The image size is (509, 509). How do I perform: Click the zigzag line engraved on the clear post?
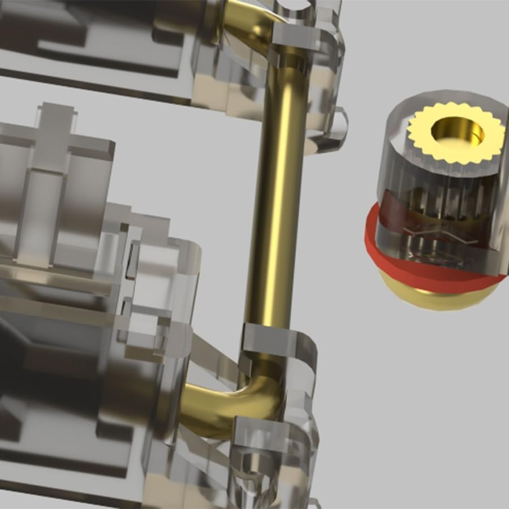[x=430, y=232]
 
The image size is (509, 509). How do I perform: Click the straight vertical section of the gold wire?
[x=277, y=198]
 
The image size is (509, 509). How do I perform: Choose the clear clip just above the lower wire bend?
[x=277, y=345]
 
